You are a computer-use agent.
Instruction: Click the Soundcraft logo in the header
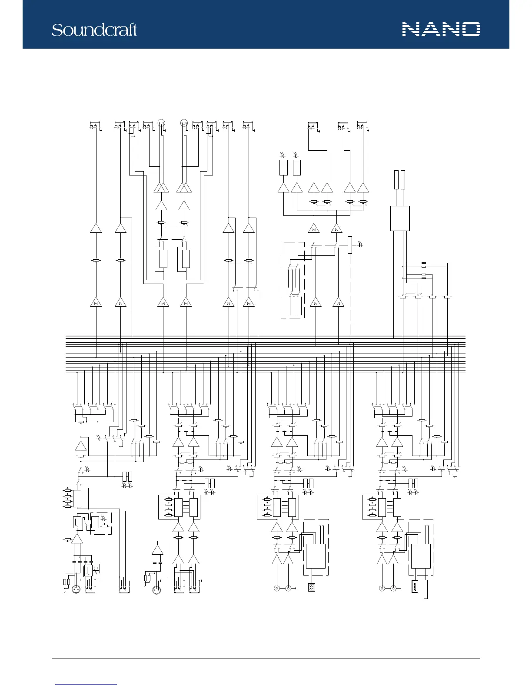(94, 30)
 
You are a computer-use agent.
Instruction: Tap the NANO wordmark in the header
(441, 29)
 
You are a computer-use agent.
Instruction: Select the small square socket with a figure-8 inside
(312, 587)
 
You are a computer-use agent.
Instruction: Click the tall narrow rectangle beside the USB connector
(426, 589)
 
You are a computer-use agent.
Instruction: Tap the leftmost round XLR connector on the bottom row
(76, 589)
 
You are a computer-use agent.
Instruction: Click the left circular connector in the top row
(161, 122)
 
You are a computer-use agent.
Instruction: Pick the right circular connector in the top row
(184, 122)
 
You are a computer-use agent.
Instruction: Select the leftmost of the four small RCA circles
(276, 588)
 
